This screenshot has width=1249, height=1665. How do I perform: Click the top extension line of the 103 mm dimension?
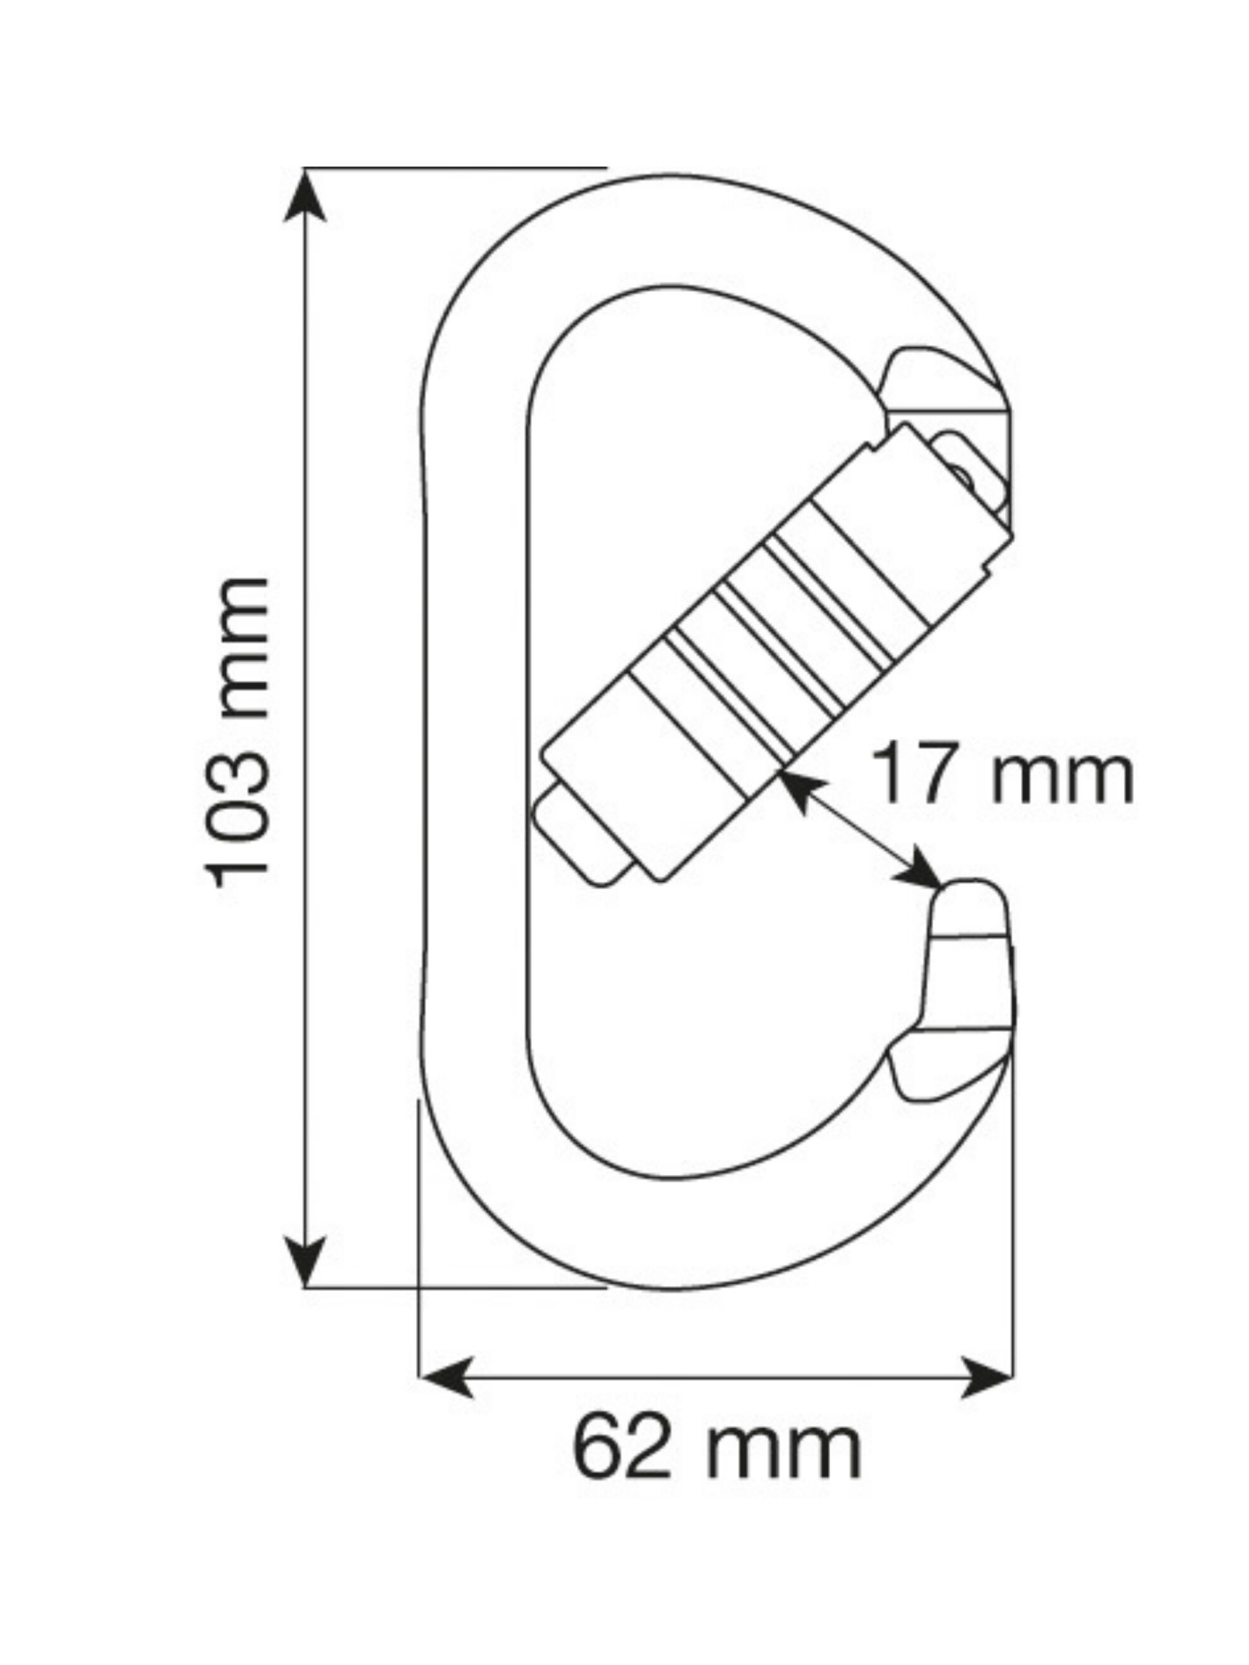[452, 167]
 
